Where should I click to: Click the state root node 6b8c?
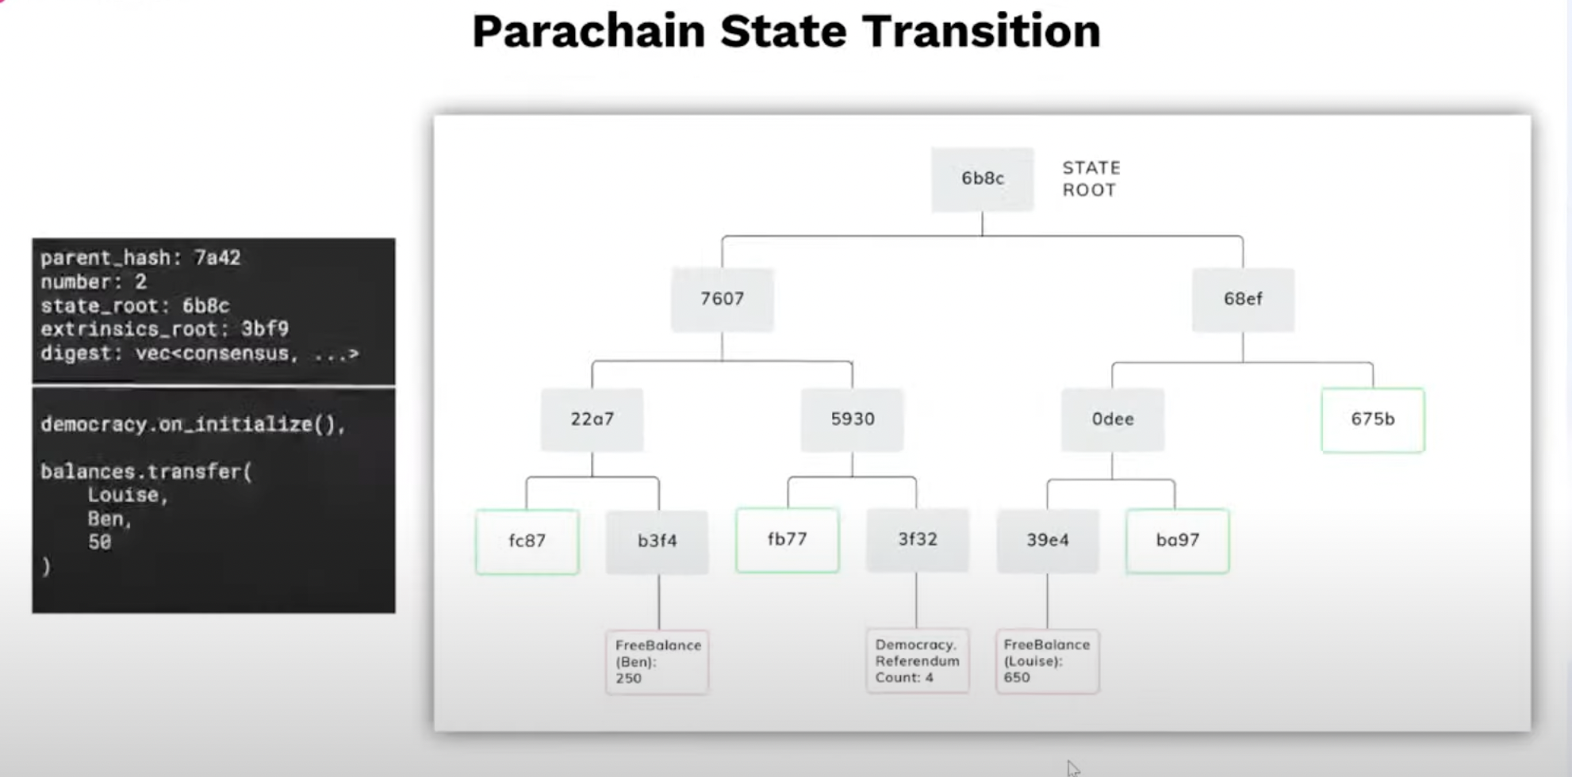tap(982, 179)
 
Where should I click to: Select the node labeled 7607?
tap(722, 299)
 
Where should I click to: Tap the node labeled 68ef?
tap(1243, 299)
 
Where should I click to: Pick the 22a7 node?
tap(592, 419)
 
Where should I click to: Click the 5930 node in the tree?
tap(852, 419)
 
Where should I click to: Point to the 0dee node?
tap(1112, 419)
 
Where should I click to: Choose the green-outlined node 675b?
tap(1372, 419)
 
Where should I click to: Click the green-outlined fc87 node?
tap(527, 541)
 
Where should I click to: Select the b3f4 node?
tap(657, 541)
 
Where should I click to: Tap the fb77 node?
tap(787, 540)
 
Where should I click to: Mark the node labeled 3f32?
tap(917, 540)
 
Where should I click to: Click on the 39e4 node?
tap(1047, 541)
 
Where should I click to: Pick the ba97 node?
tap(1177, 541)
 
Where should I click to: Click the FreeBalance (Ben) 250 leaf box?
tap(657, 662)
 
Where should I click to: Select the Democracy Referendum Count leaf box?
tap(917, 661)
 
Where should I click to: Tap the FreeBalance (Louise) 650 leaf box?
tap(1047, 661)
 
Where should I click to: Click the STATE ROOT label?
tap(1091, 179)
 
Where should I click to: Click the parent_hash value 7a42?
tap(217, 258)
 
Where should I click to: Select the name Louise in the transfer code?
tap(127, 496)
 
